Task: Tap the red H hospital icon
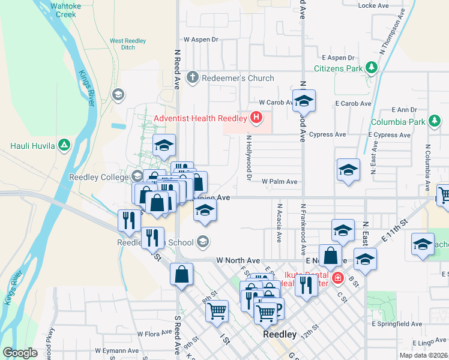pyautogui.click(x=257, y=118)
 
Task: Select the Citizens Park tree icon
pyautogui.click(x=372, y=68)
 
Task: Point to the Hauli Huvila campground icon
pyautogui.click(x=65, y=145)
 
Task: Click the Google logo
pyautogui.click(x=20, y=353)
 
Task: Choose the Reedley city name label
pyautogui.click(x=280, y=334)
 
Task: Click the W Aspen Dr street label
pyautogui.click(x=200, y=39)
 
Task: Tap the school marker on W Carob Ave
pyautogui.click(x=304, y=101)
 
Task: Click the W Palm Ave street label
pyautogui.click(x=279, y=181)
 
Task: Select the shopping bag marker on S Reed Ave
pyautogui.click(x=181, y=275)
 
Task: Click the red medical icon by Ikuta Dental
pyautogui.click(x=338, y=278)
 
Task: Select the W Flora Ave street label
pyautogui.click(x=155, y=334)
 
